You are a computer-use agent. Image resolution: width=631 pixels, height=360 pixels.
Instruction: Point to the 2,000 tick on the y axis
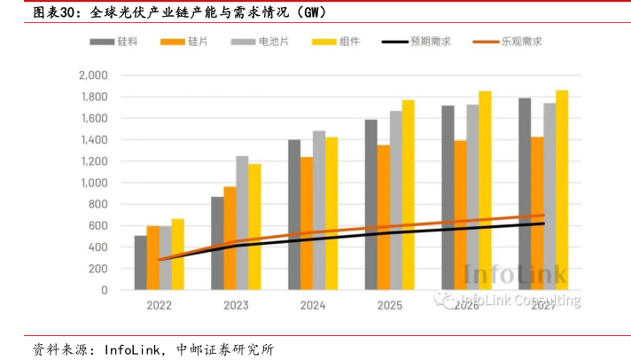coord(92,75)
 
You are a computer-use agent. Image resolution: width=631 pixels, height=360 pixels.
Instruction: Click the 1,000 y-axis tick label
coord(92,183)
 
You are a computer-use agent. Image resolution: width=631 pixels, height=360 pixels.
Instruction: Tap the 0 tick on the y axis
coord(104,290)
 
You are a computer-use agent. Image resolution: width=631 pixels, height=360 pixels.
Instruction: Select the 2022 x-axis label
coord(159,305)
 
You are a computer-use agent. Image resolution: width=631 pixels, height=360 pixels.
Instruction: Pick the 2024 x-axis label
coord(313,305)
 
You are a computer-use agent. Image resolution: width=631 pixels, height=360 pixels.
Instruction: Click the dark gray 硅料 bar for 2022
coord(141,262)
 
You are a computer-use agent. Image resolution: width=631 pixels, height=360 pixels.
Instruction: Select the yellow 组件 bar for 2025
coord(408,195)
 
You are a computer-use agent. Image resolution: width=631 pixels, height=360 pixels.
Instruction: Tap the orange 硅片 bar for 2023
coord(230,238)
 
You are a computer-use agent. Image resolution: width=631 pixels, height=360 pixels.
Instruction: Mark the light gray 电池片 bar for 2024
coord(319,210)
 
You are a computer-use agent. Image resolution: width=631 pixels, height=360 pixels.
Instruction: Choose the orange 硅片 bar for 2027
coord(537,213)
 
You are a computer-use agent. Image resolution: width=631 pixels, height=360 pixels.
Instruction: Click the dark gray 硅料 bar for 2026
coord(448,198)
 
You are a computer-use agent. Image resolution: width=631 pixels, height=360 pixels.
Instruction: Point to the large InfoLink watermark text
coord(515,276)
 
